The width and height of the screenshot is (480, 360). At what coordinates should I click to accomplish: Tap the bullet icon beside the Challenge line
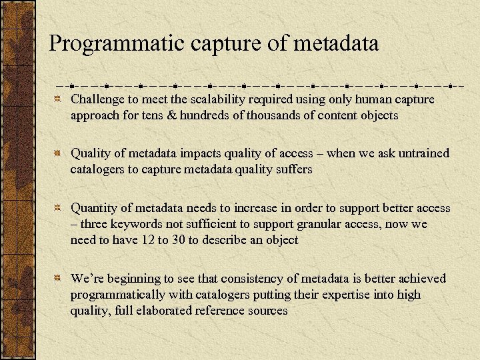59,99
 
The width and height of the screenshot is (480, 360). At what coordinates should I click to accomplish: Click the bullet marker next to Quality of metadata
59,153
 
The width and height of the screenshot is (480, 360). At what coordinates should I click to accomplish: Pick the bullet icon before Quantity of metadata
59,208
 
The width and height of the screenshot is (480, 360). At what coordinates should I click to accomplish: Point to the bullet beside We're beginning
59,279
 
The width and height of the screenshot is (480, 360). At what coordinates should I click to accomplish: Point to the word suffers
290,169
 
